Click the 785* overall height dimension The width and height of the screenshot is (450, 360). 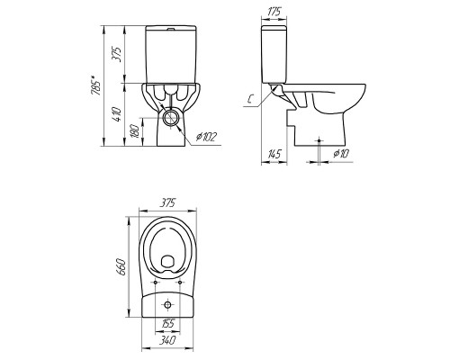(96, 85)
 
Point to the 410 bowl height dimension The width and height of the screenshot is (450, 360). (118, 114)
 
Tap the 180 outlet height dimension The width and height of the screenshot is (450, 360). (136, 131)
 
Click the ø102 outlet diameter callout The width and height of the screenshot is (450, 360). (206, 137)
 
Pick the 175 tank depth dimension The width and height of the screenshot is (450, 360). (274, 12)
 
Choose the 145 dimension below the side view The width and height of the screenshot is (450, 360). (274, 154)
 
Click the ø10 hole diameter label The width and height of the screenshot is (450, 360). (341, 154)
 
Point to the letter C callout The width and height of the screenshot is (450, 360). (251, 98)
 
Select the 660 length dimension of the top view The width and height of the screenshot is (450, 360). (122, 266)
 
